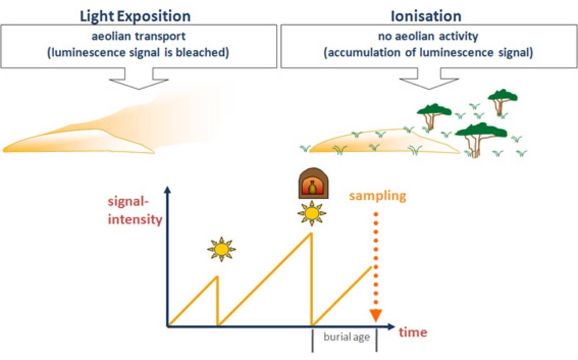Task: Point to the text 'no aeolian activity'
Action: click(x=428, y=37)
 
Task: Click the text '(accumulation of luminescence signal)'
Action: click(x=428, y=54)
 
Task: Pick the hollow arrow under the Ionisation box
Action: click(x=429, y=80)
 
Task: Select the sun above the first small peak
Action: click(x=221, y=248)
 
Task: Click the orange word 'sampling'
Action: click(x=377, y=196)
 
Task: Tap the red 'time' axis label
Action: click(x=413, y=332)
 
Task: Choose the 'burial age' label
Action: click(x=346, y=337)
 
